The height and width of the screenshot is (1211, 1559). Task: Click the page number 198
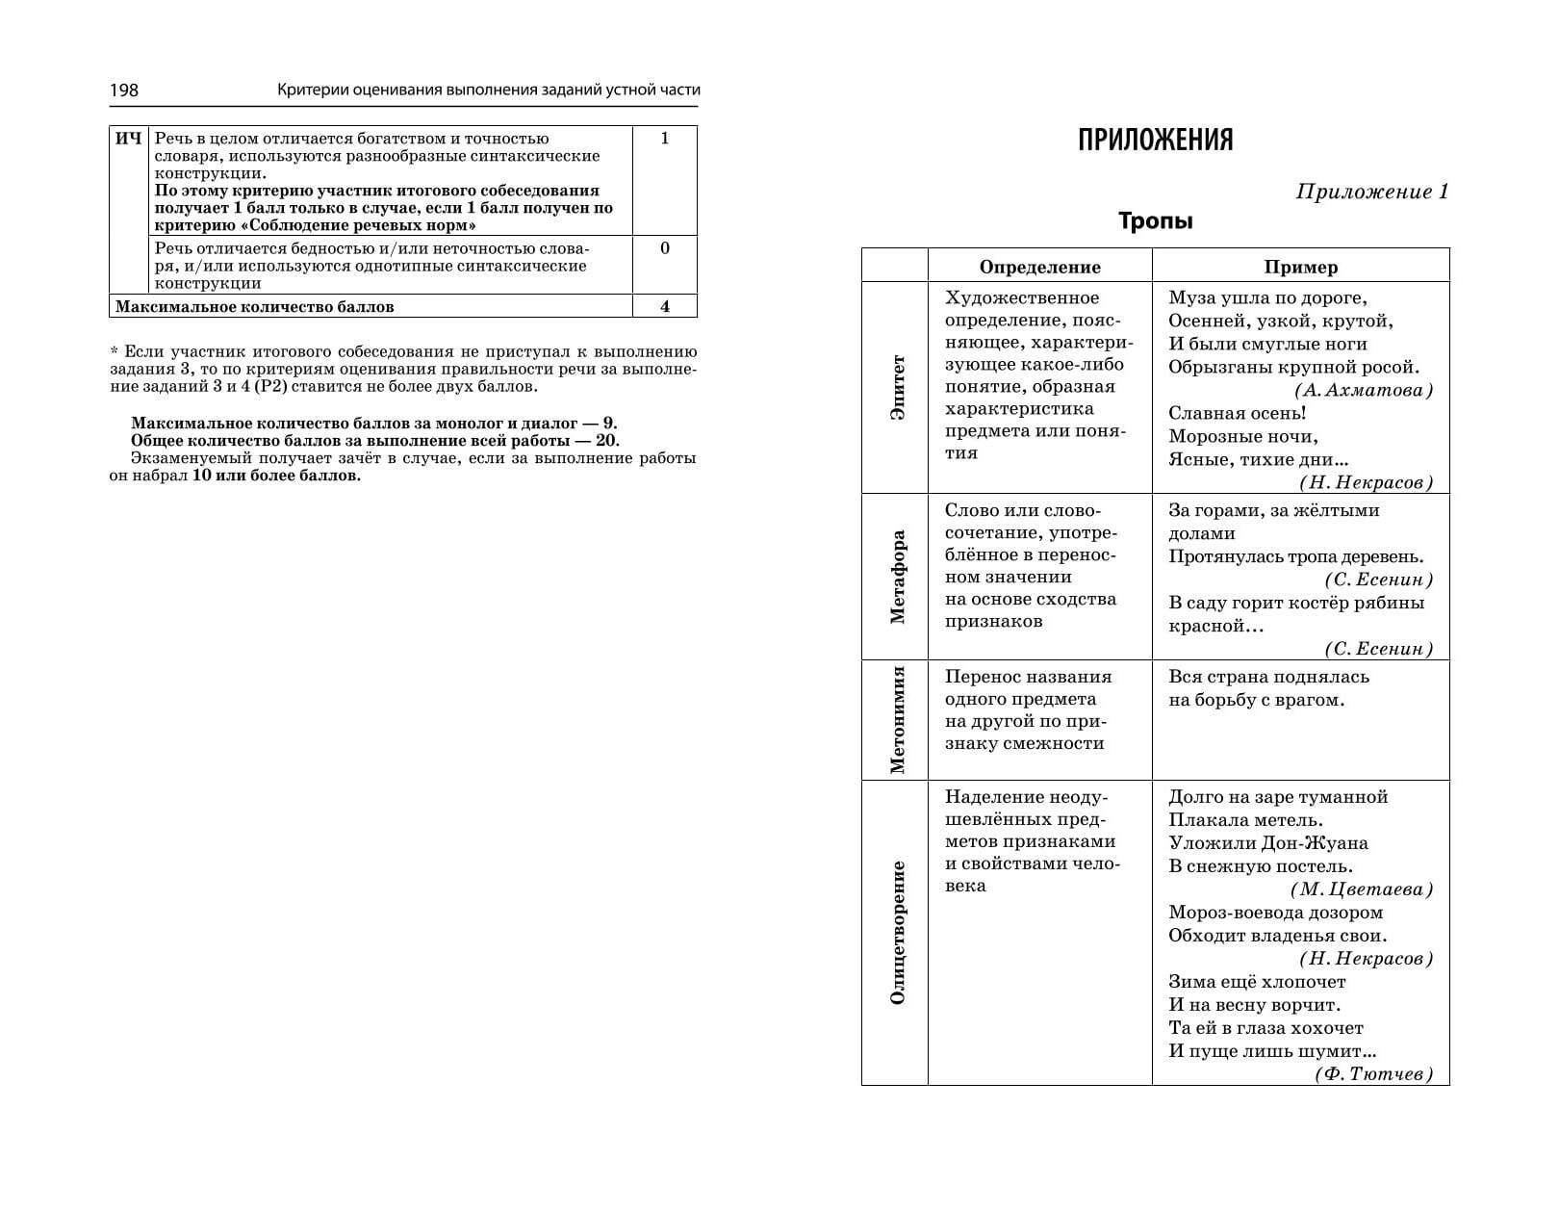[124, 90]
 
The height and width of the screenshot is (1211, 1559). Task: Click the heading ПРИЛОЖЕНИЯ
[1155, 141]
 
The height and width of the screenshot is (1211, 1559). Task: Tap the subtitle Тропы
[1155, 221]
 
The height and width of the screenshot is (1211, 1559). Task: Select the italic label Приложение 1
[1371, 192]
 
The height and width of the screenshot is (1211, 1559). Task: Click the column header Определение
[1039, 267]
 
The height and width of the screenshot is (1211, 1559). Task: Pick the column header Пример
[1300, 267]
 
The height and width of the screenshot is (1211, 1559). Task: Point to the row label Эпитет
[897, 387]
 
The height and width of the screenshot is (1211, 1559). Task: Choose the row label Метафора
[897, 577]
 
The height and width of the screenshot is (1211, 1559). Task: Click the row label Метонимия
[897, 719]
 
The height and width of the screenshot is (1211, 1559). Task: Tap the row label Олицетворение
[897, 932]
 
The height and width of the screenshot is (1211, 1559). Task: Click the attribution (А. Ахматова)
[1364, 390]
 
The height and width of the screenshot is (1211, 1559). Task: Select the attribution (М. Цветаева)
[1361, 889]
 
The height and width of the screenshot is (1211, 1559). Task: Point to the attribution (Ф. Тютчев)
[1373, 1074]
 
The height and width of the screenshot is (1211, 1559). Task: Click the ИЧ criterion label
[128, 139]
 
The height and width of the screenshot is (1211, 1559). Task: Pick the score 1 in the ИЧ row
[664, 139]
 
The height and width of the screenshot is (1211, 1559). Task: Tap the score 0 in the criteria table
[664, 248]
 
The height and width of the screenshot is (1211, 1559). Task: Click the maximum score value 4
[664, 307]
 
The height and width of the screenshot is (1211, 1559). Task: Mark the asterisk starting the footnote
[114, 351]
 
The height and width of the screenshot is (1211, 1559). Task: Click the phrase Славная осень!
[1237, 413]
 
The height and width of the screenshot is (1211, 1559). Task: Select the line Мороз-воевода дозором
[1275, 913]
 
